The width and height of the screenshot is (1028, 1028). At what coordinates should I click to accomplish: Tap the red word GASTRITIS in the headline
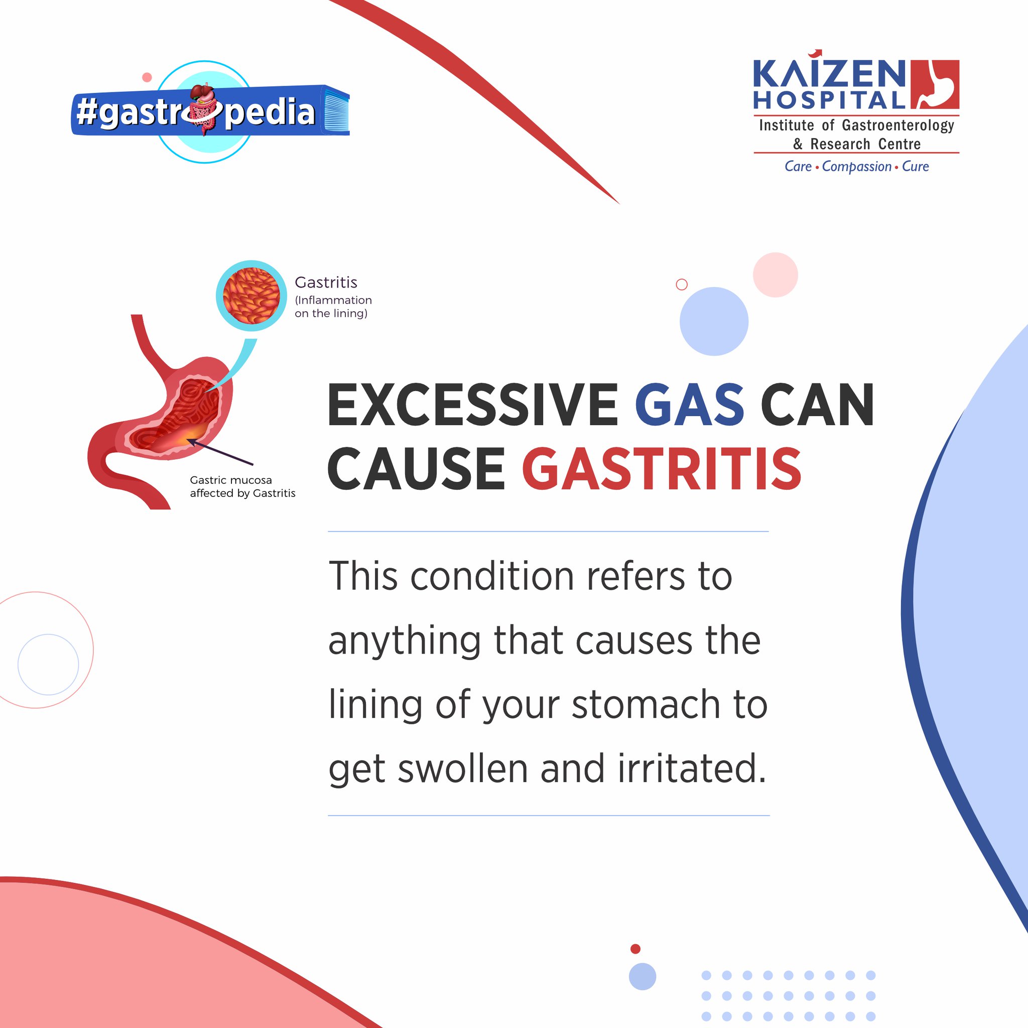tap(662, 469)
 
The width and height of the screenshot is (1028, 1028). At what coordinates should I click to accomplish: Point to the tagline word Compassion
tap(856, 167)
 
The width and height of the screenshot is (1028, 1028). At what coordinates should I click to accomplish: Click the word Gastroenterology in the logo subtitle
tap(897, 125)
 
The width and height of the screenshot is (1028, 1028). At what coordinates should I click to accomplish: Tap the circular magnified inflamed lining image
tap(251, 296)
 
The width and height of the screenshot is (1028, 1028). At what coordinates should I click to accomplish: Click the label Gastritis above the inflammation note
tap(326, 282)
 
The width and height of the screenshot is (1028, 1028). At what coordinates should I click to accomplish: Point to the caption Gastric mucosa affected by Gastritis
tap(242, 486)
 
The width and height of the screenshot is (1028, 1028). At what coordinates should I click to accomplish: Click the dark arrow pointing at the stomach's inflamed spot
tap(221, 452)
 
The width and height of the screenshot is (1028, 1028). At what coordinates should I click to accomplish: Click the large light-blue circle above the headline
tap(714, 321)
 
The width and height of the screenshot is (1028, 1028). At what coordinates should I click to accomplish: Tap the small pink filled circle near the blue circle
tap(775, 275)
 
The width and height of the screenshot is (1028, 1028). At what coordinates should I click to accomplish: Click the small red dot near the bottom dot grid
tap(635, 949)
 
